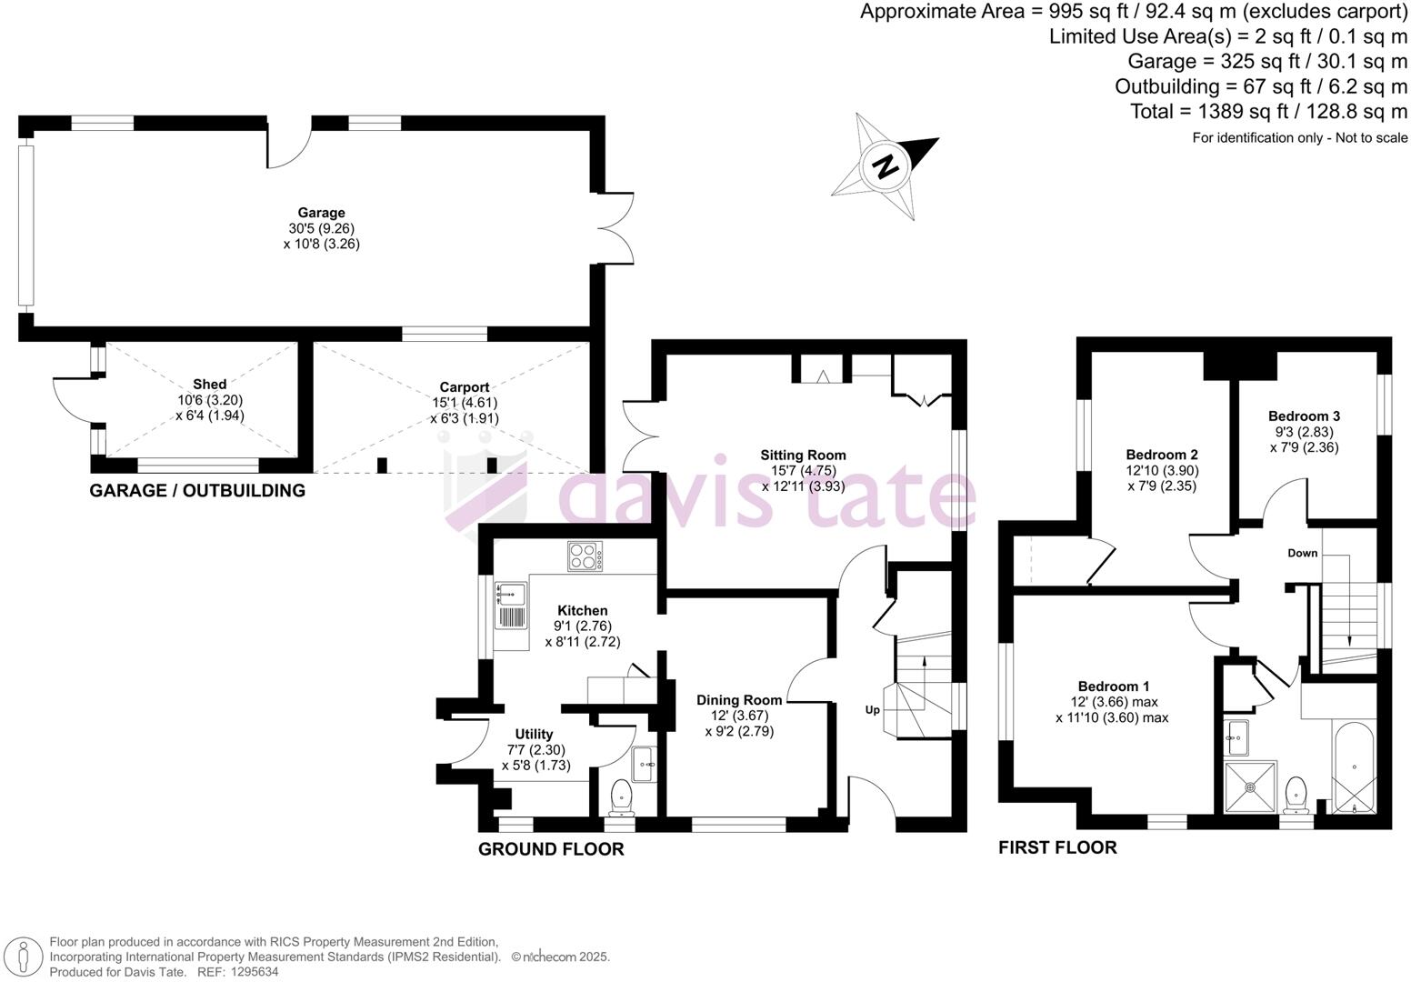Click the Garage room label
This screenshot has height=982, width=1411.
[x=322, y=214]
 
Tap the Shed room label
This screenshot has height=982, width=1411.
[x=209, y=385]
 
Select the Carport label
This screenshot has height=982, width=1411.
[x=464, y=386]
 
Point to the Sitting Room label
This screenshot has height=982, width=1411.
[x=803, y=456]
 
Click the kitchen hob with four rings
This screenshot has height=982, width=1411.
[x=586, y=556]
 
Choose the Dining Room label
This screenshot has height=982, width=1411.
[x=739, y=700]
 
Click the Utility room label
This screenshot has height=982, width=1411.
[x=534, y=735]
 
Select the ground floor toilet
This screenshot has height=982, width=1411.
[x=622, y=797]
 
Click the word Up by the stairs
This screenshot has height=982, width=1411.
[x=872, y=710]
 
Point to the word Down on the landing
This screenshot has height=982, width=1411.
[x=1302, y=553]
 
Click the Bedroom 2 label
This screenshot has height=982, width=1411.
[x=1161, y=455]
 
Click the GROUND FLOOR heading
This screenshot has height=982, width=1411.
[x=551, y=849]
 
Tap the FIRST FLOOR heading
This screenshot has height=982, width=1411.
[x=1057, y=847]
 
